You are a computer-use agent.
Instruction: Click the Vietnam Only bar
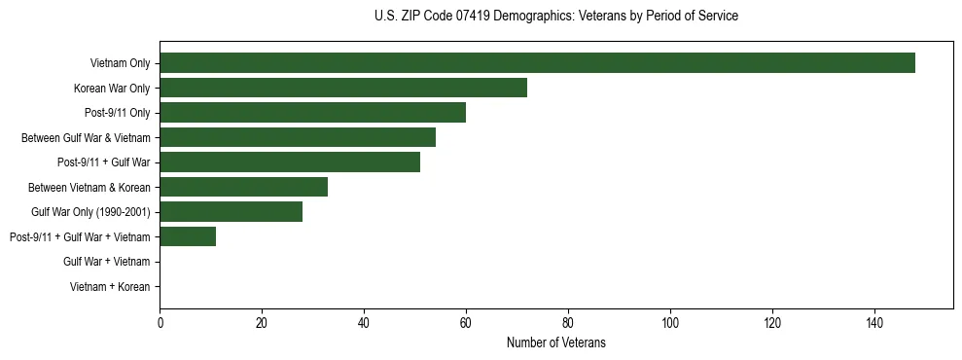click(x=537, y=63)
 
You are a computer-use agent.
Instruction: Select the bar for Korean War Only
click(x=343, y=88)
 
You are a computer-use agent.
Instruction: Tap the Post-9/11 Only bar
click(x=312, y=113)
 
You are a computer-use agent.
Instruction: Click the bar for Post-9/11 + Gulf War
click(x=290, y=162)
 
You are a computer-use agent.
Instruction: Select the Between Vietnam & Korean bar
click(x=243, y=187)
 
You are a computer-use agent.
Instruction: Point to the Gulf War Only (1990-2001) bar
click(x=231, y=212)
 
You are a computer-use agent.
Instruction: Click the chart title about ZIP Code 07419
click(x=555, y=17)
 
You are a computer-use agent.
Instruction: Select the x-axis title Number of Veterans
click(x=555, y=342)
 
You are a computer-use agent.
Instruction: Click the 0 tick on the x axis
click(x=160, y=323)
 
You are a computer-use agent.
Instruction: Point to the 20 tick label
click(x=262, y=323)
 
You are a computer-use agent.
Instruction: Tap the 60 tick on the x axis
click(x=466, y=323)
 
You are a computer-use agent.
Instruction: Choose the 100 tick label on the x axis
click(x=670, y=323)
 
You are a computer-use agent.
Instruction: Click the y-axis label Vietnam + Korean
click(x=110, y=287)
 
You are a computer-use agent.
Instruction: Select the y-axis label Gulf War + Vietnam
click(x=106, y=262)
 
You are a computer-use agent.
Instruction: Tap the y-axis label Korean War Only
click(x=112, y=89)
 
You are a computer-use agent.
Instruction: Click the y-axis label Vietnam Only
click(x=120, y=63)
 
